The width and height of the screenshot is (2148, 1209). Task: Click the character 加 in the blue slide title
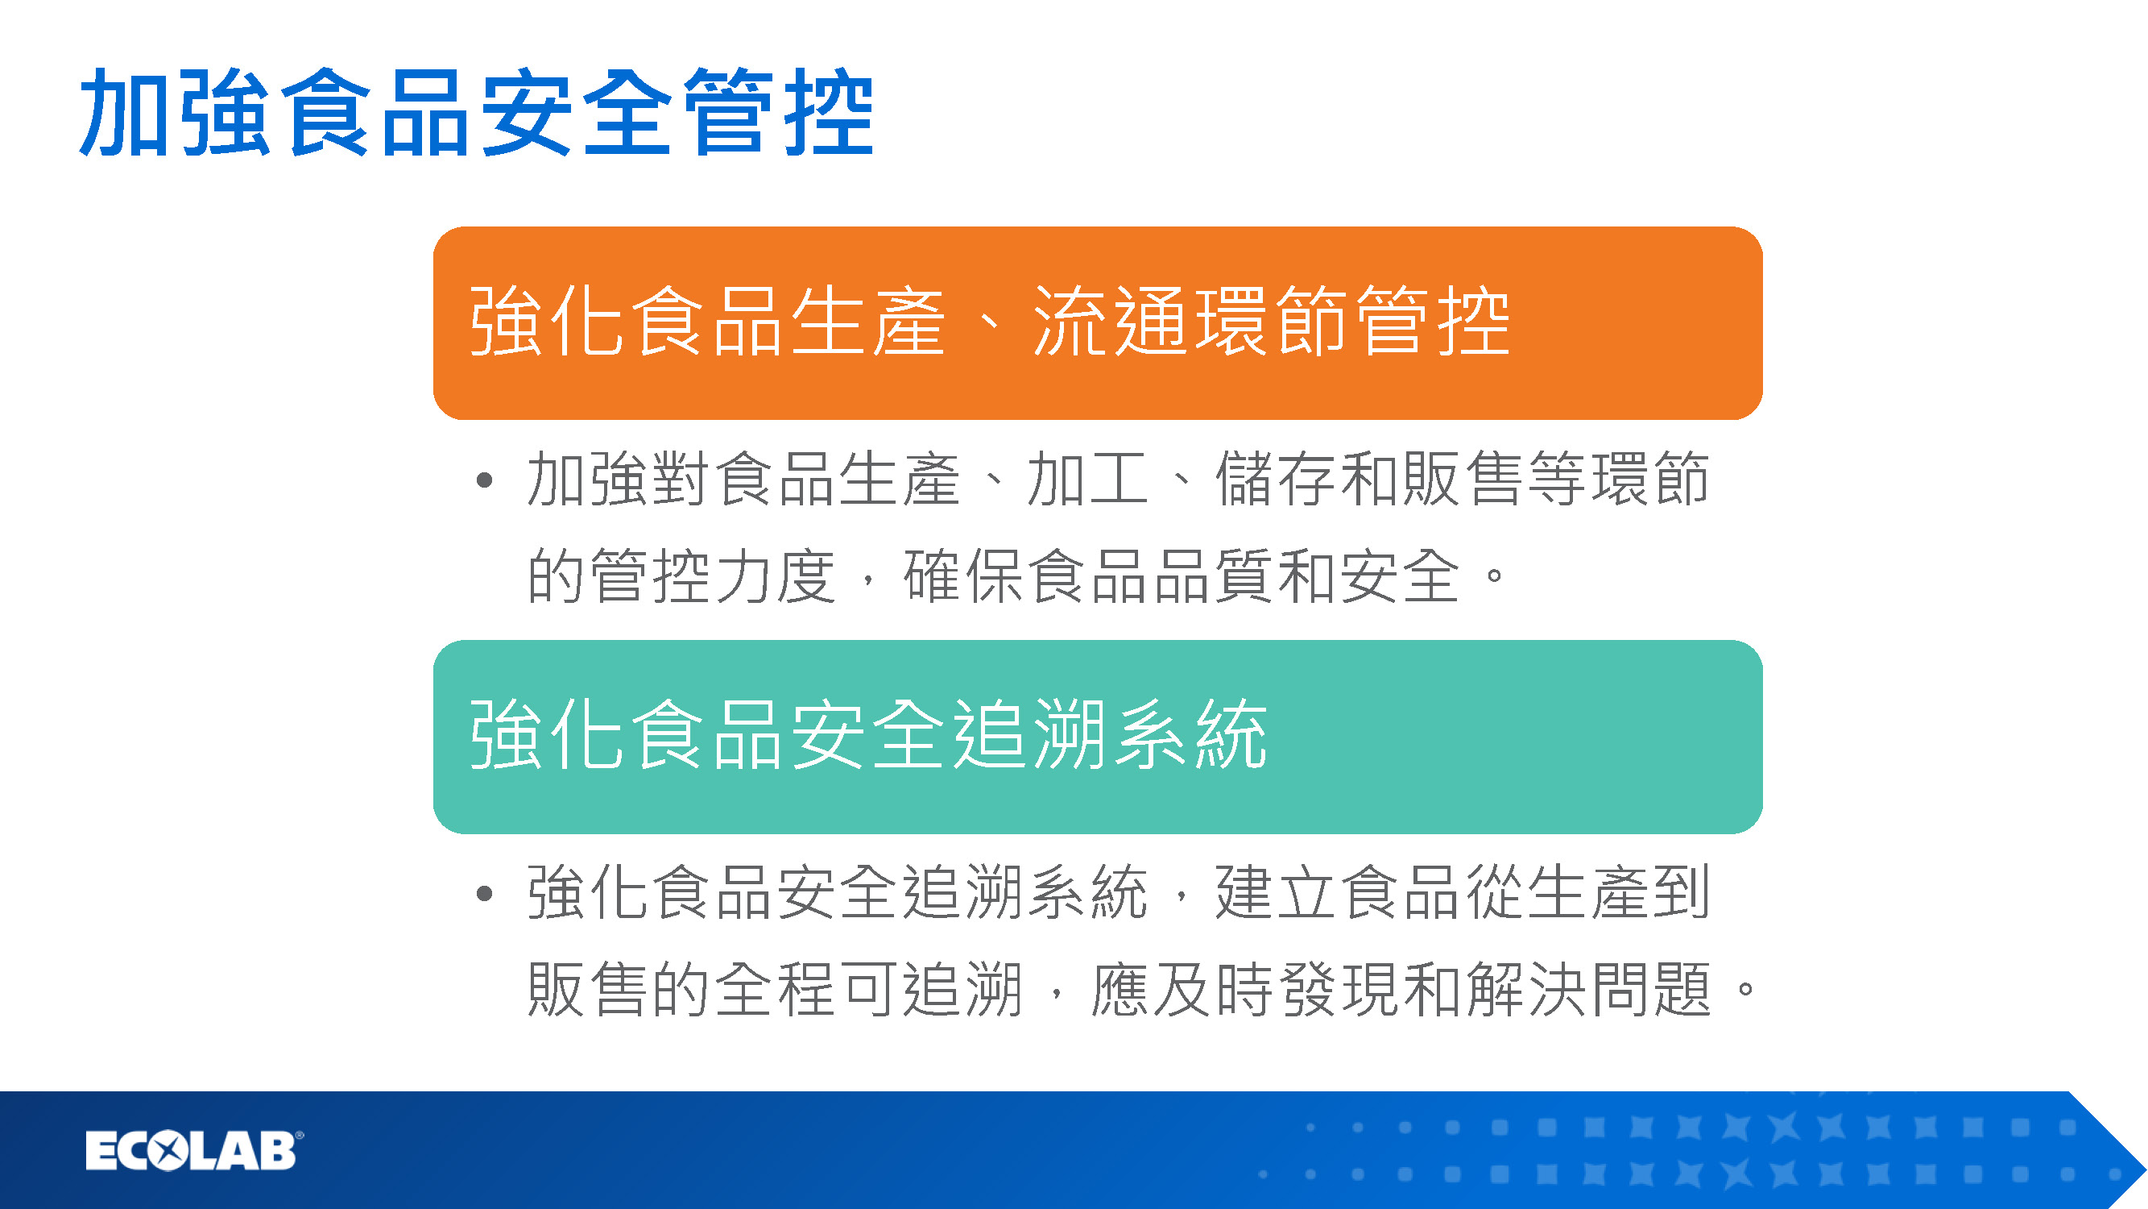[126, 113]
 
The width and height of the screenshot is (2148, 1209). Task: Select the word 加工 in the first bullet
[1087, 479]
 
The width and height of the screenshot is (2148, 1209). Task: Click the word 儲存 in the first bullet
[1276, 479]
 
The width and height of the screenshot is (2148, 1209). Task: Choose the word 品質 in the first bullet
[1213, 575]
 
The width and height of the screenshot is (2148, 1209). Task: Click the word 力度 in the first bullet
[776, 575]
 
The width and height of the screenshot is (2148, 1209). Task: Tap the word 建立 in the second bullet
[1276, 893]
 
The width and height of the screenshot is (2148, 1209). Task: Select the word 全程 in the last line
[776, 990]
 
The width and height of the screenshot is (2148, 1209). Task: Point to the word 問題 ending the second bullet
[1651, 990]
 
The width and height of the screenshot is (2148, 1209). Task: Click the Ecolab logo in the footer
[194, 1152]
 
